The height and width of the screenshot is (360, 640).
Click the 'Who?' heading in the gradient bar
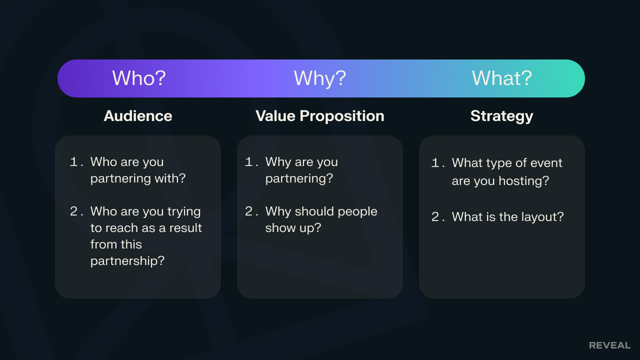[x=139, y=77]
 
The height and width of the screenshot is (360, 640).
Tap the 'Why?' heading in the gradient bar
[x=319, y=78]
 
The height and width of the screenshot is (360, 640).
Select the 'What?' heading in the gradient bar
[x=501, y=77]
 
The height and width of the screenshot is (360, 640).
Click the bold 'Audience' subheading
[x=138, y=116]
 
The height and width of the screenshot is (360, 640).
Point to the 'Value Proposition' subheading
[x=319, y=116]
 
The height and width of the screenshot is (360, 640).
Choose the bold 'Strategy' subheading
[x=501, y=116]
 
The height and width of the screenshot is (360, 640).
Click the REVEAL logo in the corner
[x=609, y=345]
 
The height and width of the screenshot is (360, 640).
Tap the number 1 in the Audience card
[x=73, y=161]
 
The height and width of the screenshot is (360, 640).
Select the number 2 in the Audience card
[x=73, y=211]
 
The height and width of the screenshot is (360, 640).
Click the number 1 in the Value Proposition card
[x=248, y=161]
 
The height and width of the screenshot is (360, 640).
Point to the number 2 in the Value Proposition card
[x=248, y=211]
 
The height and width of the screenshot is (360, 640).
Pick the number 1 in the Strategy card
[x=435, y=163]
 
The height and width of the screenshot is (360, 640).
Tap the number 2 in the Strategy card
[x=435, y=217]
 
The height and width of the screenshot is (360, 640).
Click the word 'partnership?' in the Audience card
[x=127, y=261]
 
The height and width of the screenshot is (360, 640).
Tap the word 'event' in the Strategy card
[x=547, y=163]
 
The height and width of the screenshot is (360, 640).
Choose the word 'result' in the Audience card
[x=185, y=228]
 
